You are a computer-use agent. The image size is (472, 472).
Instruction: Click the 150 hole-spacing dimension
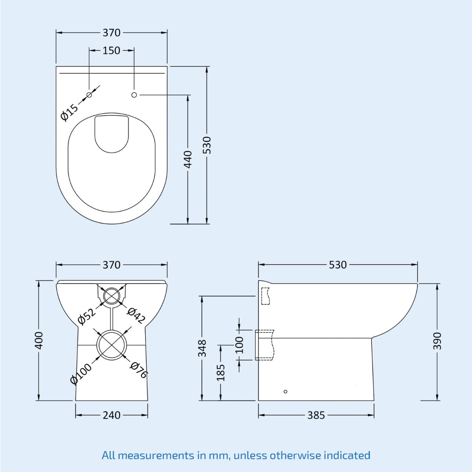tap(111, 50)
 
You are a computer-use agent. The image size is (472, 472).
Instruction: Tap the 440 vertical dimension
tap(188, 159)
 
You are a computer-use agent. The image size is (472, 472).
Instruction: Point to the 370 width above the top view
tap(111, 33)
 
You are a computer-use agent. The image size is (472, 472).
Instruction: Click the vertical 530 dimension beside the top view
tap(207, 145)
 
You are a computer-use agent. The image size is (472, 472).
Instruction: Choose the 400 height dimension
tap(39, 340)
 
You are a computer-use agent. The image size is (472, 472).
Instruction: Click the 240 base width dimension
tap(111, 415)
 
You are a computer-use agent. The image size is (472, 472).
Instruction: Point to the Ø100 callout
tap(81, 373)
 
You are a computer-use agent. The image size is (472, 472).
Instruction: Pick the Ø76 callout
tap(138, 370)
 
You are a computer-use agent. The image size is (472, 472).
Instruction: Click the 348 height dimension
tap(202, 348)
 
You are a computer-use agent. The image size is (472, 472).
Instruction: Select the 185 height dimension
tap(221, 372)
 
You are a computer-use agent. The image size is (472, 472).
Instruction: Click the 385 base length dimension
tap(316, 415)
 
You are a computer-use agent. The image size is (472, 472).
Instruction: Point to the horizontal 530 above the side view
tap(337, 265)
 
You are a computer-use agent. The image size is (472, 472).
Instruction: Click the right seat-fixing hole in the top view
tap(134, 95)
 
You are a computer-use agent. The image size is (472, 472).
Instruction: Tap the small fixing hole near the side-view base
tap(286, 391)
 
